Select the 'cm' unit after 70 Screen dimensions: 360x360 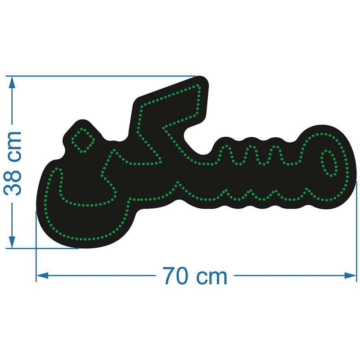(211, 278)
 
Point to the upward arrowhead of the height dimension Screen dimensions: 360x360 (12, 83)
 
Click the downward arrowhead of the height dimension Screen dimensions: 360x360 (12, 242)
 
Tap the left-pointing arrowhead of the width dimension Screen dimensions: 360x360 (42, 275)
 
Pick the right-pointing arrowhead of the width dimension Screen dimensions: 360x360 (351, 275)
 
